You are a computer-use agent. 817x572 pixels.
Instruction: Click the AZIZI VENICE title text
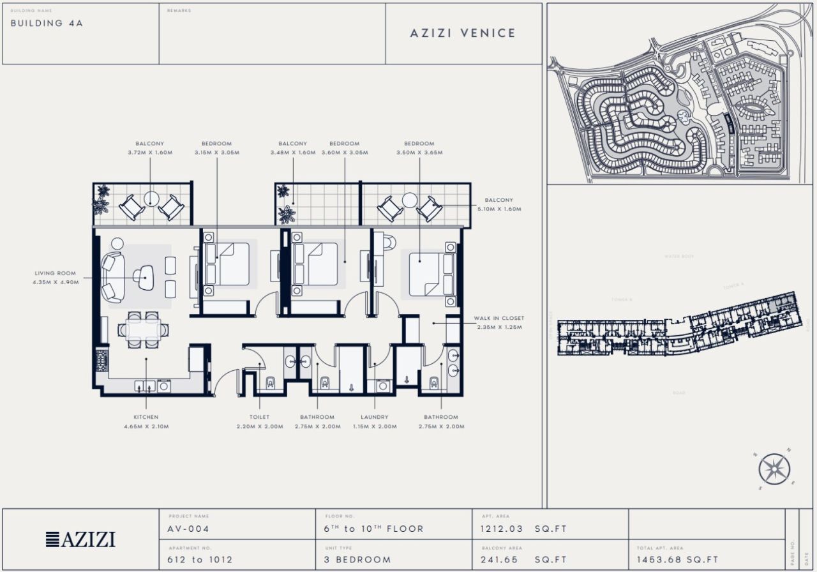(x=463, y=33)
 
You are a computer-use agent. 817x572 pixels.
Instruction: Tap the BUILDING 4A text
(x=47, y=23)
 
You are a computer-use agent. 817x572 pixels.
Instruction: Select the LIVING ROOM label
(x=56, y=273)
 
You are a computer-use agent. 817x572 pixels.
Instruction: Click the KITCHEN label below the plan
(x=146, y=417)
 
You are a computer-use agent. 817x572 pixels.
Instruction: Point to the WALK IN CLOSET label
(x=498, y=318)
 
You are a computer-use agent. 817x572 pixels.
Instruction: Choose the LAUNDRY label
(x=374, y=417)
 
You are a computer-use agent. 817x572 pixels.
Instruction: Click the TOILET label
(x=259, y=417)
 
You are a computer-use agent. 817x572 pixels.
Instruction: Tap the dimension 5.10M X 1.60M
(x=498, y=209)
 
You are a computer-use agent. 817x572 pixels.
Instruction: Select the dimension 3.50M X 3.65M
(x=419, y=153)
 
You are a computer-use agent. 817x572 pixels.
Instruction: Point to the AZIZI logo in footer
(x=80, y=539)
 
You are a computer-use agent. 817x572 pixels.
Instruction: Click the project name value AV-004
(x=189, y=529)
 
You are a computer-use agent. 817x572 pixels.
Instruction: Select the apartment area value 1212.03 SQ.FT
(x=523, y=529)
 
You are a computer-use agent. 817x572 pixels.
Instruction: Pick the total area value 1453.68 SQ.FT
(x=677, y=560)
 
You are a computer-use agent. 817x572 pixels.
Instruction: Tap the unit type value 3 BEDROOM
(x=357, y=560)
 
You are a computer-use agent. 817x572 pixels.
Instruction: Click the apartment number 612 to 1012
(x=200, y=560)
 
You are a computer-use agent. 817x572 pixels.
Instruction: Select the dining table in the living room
(x=144, y=329)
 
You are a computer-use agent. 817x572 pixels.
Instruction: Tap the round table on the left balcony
(x=151, y=199)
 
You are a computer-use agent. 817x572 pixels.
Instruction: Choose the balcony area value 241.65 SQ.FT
(x=523, y=560)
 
